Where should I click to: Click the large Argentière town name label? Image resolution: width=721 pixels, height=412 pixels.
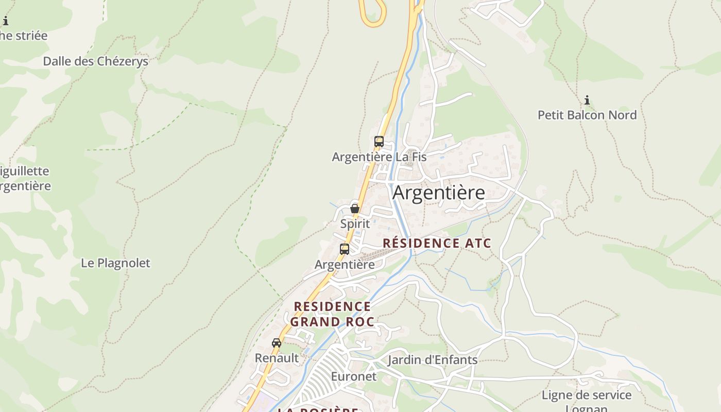438,193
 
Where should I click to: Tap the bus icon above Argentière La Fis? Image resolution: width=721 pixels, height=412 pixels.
379,141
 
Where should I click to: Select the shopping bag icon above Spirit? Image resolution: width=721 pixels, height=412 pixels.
354,209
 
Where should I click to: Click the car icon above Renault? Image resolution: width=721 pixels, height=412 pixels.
277,342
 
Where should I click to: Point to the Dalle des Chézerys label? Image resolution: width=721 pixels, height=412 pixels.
95,61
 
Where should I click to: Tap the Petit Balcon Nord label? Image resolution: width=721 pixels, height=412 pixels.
587,115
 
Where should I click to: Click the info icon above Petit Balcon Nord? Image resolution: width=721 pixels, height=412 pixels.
587,100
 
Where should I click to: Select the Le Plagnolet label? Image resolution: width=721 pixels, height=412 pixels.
115,263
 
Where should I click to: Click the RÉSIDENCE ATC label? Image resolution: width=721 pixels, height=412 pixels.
437,243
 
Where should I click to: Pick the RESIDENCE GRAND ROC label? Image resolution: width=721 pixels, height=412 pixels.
332,314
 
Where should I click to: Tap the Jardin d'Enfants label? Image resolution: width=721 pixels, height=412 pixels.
433,359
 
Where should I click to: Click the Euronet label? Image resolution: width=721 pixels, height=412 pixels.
353,376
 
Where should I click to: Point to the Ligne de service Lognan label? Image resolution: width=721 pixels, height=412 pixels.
586,401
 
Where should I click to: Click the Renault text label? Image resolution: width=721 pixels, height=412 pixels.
277,358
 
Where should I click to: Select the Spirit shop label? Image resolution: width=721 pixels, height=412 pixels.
355,224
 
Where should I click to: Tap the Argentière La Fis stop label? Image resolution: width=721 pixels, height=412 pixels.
379,157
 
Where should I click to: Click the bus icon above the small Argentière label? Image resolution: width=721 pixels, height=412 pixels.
345,249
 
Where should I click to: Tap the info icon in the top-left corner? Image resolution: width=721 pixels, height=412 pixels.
6,21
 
